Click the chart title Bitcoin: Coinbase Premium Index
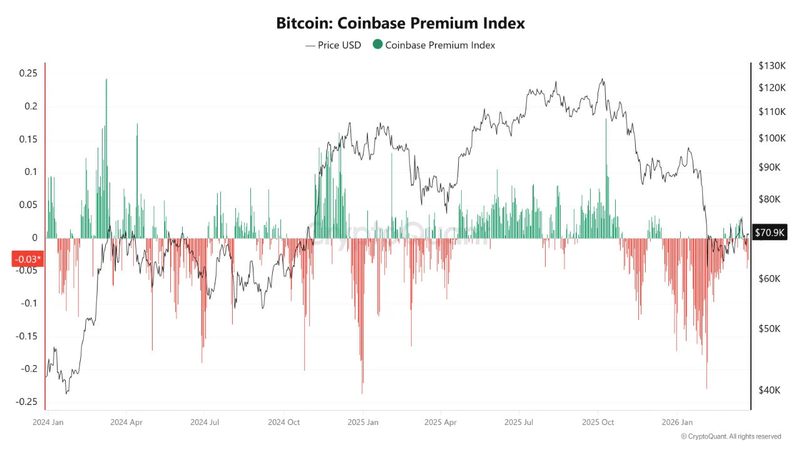(x=400, y=24)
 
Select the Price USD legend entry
(x=333, y=45)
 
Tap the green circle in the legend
(x=377, y=44)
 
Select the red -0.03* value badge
(x=28, y=259)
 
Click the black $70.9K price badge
(x=770, y=232)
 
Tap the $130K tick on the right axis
(x=772, y=66)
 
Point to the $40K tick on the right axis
(x=770, y=390)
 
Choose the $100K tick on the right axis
(x=772, y=138)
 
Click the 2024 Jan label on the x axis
(x=48, y=422)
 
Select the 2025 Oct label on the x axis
(x=599, y=422)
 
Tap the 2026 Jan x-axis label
(x=678, y=422)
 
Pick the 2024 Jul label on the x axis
(x=205, y=422)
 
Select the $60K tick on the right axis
(x=770, y=279)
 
